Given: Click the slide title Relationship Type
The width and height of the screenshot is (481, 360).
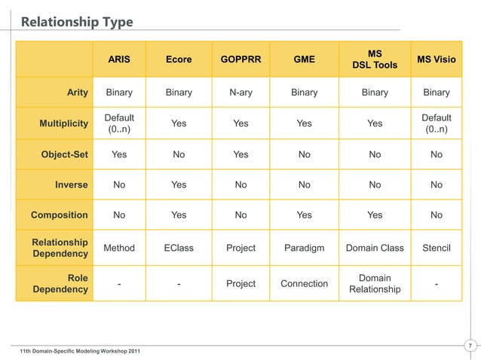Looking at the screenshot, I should point(77,22).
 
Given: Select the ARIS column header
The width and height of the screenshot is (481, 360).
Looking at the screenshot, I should point(119,59).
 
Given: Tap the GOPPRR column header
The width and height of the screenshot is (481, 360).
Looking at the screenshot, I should point(240,59).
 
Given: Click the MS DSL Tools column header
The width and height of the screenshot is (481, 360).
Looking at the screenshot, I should point(375,59).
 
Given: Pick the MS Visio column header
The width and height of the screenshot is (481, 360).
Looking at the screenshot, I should point(436,59).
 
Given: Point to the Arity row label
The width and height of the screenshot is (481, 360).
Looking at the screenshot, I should point(77,93).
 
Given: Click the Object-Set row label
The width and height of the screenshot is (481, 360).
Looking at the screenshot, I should point(64,154).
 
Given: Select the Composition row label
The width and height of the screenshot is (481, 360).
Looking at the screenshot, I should point(59,215).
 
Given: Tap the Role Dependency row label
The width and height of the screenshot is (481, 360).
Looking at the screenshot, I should point(60,284).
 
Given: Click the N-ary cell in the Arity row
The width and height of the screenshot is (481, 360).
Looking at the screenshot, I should point(240,93).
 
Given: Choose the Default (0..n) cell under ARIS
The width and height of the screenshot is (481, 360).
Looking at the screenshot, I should point(119,124).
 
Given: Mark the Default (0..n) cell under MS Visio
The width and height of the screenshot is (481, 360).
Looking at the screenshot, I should point(436,124).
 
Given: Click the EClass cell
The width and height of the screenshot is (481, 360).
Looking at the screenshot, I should point(179,248).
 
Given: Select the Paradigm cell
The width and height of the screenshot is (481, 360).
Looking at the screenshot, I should point(304,248).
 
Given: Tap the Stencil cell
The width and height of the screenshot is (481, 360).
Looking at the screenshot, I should point(436,248).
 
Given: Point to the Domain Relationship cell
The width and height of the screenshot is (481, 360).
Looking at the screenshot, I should point(375,284).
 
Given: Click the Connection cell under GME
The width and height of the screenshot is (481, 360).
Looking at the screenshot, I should point(304,284).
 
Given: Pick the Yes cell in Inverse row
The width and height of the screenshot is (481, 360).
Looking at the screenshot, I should point(179,185).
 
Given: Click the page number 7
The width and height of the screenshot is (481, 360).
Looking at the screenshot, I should point(470,346).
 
